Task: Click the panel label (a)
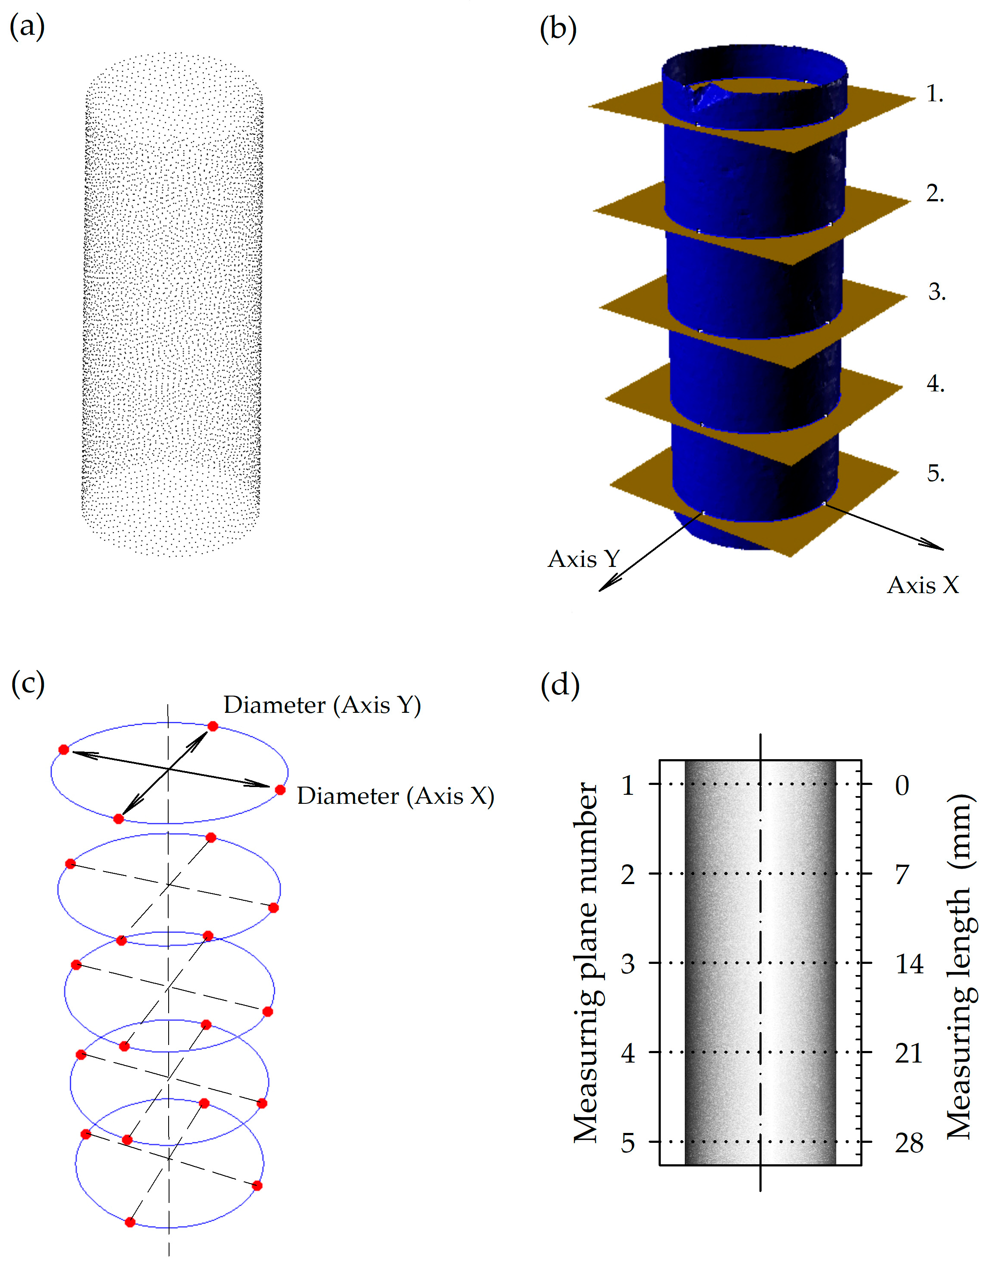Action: tap(27, 27)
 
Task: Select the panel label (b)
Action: tap(559, 29)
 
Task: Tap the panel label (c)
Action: tap(27, 684)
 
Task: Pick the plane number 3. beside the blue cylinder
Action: tap(937, 291)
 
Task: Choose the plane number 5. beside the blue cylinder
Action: tap(936, 472)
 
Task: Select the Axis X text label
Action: tap(923, 585)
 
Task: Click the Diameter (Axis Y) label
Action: tap(322, 705)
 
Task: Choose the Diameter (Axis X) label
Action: tap(396, 796)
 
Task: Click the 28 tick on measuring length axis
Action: tap(909, 1143)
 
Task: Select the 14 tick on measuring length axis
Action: tap(909, 964)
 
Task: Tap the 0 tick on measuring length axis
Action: tap(902, 785)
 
